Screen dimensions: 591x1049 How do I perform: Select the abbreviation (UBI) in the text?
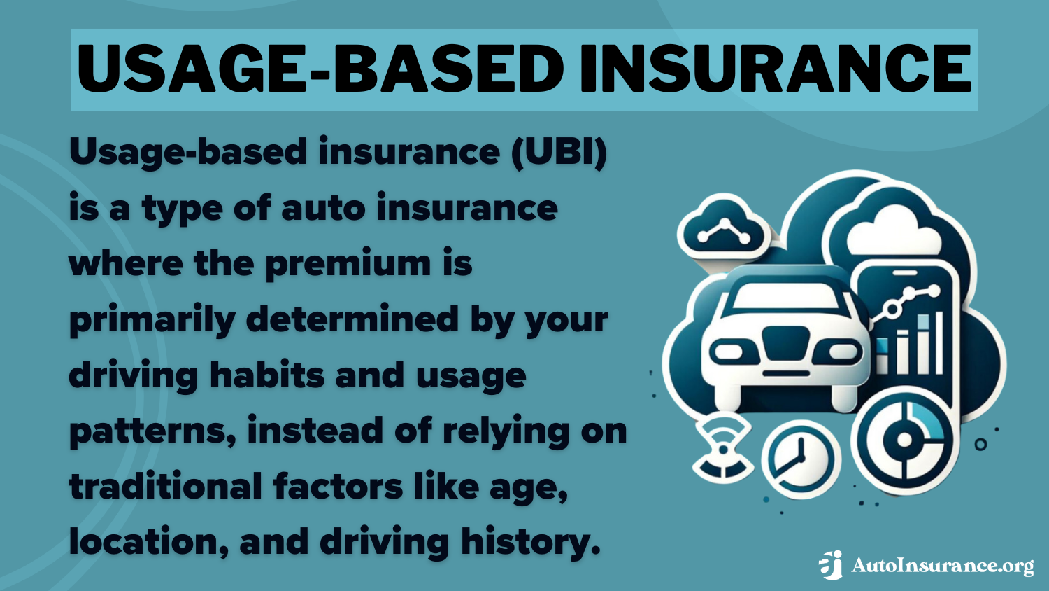559,152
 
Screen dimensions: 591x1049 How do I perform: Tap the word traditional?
165,486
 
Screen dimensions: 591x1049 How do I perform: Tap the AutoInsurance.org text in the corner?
942,566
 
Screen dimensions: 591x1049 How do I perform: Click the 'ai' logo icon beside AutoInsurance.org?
832,565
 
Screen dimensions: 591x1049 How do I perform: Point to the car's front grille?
784,344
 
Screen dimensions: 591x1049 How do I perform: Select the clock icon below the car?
800,459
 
